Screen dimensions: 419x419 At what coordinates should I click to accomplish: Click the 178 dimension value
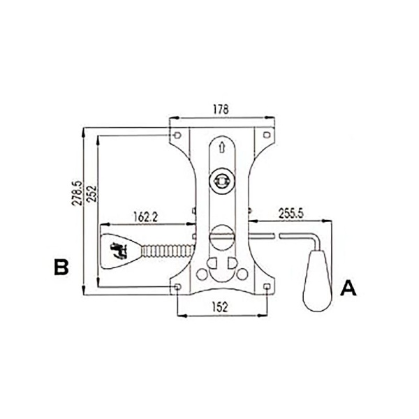click(221, 110)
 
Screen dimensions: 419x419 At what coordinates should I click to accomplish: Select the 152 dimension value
click(221, 307)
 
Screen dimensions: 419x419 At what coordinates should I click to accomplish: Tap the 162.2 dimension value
click(146, 217)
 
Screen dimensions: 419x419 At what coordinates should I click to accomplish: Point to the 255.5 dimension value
click(291, 214)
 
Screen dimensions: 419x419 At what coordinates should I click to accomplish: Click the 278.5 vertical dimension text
click(77, 193)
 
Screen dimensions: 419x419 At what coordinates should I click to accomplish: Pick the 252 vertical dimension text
click(92, 193)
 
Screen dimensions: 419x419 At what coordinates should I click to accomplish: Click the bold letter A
click(348, 288)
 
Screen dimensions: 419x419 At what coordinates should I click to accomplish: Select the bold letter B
click(61, 267)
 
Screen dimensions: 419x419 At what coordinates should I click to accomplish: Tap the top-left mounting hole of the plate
click(177, 135)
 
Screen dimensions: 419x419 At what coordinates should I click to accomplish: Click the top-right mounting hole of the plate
click(267, 135)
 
